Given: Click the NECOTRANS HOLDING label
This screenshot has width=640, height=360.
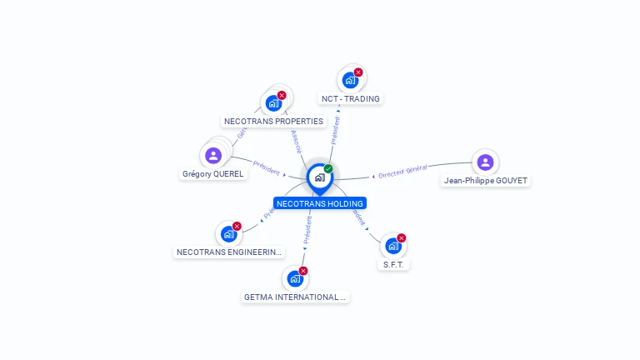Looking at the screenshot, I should (320, 203).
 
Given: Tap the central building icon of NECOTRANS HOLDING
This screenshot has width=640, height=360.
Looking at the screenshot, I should (318, 177).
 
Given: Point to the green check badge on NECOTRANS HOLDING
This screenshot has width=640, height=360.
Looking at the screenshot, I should (328, 168).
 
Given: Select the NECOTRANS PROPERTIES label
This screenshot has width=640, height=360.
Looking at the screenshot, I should (273, 122).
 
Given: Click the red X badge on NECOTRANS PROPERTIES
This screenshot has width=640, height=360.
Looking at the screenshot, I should (282, 95).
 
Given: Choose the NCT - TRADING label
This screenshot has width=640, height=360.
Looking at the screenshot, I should (350, 99).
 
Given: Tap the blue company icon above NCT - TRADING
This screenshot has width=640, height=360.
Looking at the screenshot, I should (350, 81).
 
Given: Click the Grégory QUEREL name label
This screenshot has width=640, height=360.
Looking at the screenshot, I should (212, 174).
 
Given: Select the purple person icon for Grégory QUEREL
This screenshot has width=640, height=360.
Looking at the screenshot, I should (213, 155).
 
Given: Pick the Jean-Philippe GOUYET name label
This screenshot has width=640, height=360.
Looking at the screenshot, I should (486, 181).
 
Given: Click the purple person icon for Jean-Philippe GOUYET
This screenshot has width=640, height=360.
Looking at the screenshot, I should (486, 162).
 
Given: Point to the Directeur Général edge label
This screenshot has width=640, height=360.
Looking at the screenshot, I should (402, 172).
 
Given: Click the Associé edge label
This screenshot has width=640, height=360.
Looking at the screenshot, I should (297, 141).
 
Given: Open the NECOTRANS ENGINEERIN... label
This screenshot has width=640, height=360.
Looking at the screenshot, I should (229, 252).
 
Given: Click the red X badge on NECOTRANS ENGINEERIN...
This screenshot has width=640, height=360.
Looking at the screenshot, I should (237, 226).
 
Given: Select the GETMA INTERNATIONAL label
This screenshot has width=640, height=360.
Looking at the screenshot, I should (295, 297).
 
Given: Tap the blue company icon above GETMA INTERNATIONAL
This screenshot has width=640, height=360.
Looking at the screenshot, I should (294, 279).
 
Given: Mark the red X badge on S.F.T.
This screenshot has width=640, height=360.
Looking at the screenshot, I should (402, 238).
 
